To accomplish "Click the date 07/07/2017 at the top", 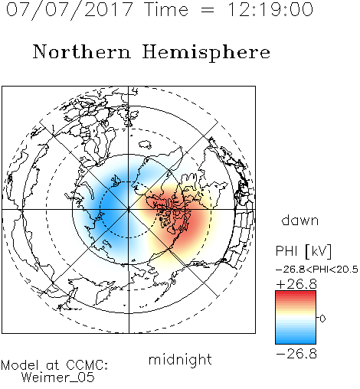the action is pos(70,10).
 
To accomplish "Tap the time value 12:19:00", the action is pos(270,10).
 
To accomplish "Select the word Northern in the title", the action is pos(82,51).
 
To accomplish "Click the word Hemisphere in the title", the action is pos(206,53).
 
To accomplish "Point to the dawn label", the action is pos(300,220).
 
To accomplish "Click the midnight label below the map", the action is pos(180,359).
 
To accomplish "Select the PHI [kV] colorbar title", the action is pos(303,251).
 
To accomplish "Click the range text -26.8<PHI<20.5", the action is pos(317,270).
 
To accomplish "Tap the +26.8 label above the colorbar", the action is pos(296,284).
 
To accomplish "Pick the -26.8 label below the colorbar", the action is pos(296,354).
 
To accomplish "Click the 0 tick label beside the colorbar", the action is pos(322,319).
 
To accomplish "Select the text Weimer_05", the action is pos(58,378).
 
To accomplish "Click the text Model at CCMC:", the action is pos(54,365).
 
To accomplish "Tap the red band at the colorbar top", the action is pos(296,294).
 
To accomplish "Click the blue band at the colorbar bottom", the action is pos(296,341).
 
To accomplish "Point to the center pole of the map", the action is pos(128,210).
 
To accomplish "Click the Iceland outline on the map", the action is pos(145,145).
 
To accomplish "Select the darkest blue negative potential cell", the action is pos(109,204).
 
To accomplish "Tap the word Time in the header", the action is pos(166,10).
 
